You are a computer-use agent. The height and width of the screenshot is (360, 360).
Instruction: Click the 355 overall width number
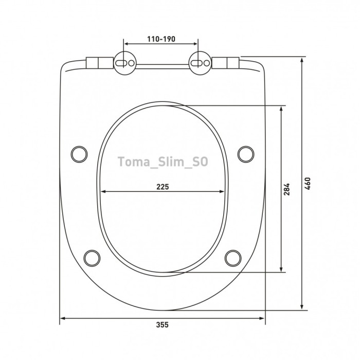(x=163, y=325)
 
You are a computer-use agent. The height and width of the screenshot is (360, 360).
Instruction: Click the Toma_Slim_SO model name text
(x=163, y=162)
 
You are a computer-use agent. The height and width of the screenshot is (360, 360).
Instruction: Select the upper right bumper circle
(x=246, y=153)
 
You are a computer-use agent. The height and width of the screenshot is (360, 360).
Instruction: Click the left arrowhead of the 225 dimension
(x=103, y=192)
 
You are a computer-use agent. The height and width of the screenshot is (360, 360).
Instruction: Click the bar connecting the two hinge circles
(x=162, y=65)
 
